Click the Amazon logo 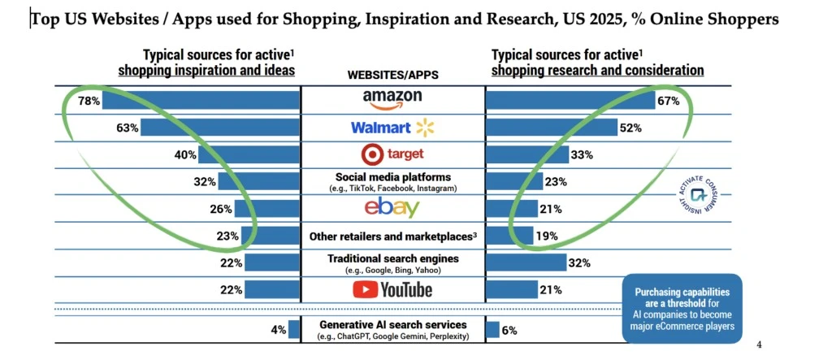click(x=392, y=100)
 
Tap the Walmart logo click(x=392, y=128)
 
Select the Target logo click(x=392, y=154)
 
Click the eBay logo click(x=392, y=208)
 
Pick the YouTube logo click(x=392, y=289)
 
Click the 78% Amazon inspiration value click(x=89, y=101)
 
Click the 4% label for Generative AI click(x=278, y=329)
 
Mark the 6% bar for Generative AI click(x=492, y=329)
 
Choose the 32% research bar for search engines click(x=526, y=262)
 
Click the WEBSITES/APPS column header click(x=392, y=75)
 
